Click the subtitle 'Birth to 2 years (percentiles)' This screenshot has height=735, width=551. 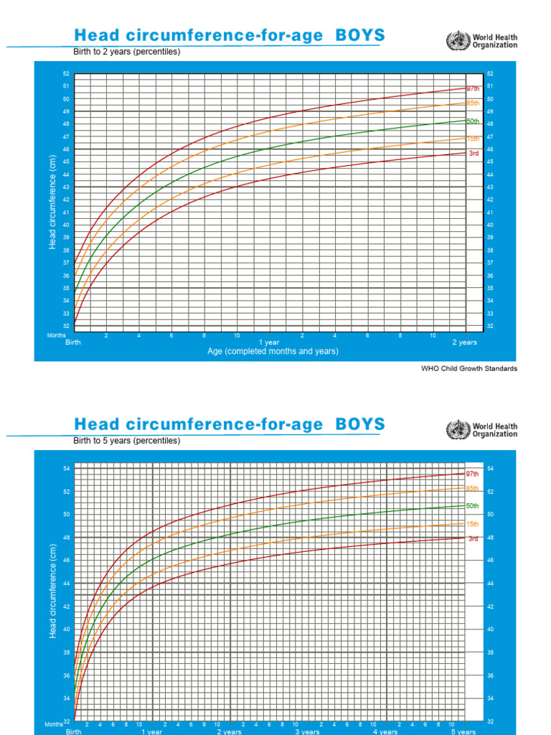pyautogui.click(x=126, y=52)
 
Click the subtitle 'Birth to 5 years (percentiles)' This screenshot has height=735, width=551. pyautogui.click(x=126, y=440)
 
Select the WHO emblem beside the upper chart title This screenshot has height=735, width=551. pyautogui.click(x=455, y=40)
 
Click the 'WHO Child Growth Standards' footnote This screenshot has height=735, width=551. pyautogui.click(x=468, y=368)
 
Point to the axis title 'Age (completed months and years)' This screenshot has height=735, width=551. pyautogui.click(x=273, y=351)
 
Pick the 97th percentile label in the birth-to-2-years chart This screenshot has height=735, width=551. pyautogui.click(x=473, y=88)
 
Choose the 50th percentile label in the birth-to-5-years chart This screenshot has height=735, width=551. pyautogui.click(x=473, y=506)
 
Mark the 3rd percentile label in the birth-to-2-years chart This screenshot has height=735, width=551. pyautogui.click(x=474, y=153)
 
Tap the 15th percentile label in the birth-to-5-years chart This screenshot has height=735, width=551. pyautogui.click(x=473, y=524)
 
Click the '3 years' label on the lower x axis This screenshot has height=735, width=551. pyautogui.click(x=307, y=731)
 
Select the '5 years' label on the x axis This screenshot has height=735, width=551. pyautogui.click(x=463, y=731)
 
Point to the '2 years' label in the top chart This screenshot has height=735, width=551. pyautogui.click(x=464, y=342)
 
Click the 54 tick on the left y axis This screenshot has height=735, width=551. pyautogui.click(x=66, y=469)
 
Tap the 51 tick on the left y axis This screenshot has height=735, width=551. pyautogui.click(x=66, y=86)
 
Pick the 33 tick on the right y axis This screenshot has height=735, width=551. pyautogui.click(x=490, y=314)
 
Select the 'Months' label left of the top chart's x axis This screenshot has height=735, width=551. pyautogui.click(x=57, y=335)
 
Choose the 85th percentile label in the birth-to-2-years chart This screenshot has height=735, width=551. pyautogui.click(x=473, y=104)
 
